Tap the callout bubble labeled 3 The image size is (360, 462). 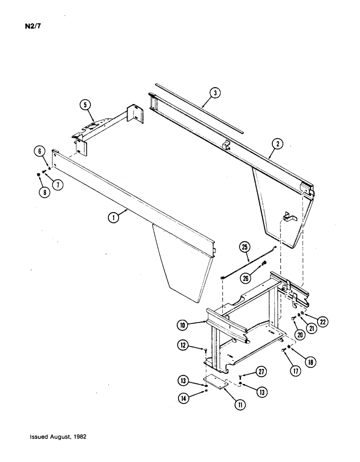214,93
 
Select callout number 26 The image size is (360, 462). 246,279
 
